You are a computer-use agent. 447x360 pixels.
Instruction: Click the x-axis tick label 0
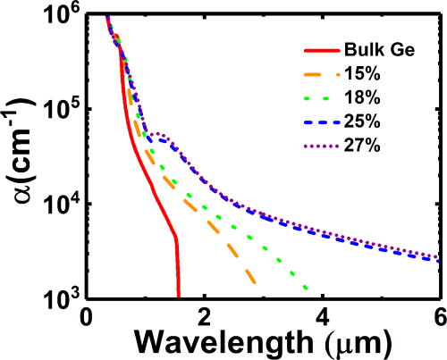(x=86, y=317)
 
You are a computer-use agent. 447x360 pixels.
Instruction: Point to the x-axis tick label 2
(x=205, y=317)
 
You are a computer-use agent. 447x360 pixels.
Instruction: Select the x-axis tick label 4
(x=323, y=317)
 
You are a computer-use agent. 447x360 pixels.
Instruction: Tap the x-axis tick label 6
(x=439, y=317)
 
